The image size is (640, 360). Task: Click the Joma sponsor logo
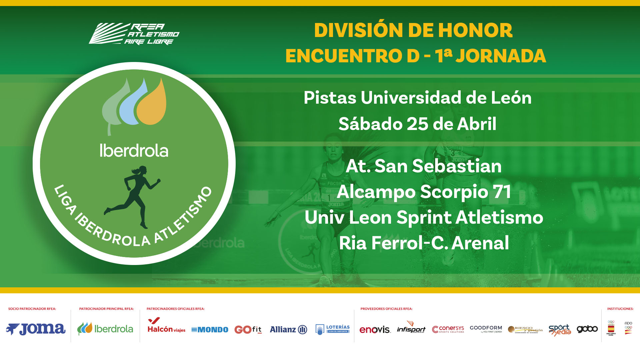[36, 329]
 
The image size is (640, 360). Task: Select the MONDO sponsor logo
[210, 330]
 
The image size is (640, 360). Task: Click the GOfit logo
[248, 329]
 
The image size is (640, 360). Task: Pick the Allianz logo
[288, 329]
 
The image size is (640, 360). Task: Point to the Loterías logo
[332, 329]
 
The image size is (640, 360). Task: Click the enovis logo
[375, 330]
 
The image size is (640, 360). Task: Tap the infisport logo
[411, 328]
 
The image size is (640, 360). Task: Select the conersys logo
[448, 329]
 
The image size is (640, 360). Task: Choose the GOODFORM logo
[486, 329]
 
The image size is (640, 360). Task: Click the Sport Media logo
[560, 329]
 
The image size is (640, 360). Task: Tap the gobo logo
[587, 329]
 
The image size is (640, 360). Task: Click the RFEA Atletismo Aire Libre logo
[134, 34]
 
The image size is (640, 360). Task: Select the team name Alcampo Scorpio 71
[424, 192]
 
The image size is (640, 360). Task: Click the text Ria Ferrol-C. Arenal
[424, 243]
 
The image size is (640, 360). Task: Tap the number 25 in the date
[418, 124]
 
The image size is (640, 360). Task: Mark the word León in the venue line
[511, 98]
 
